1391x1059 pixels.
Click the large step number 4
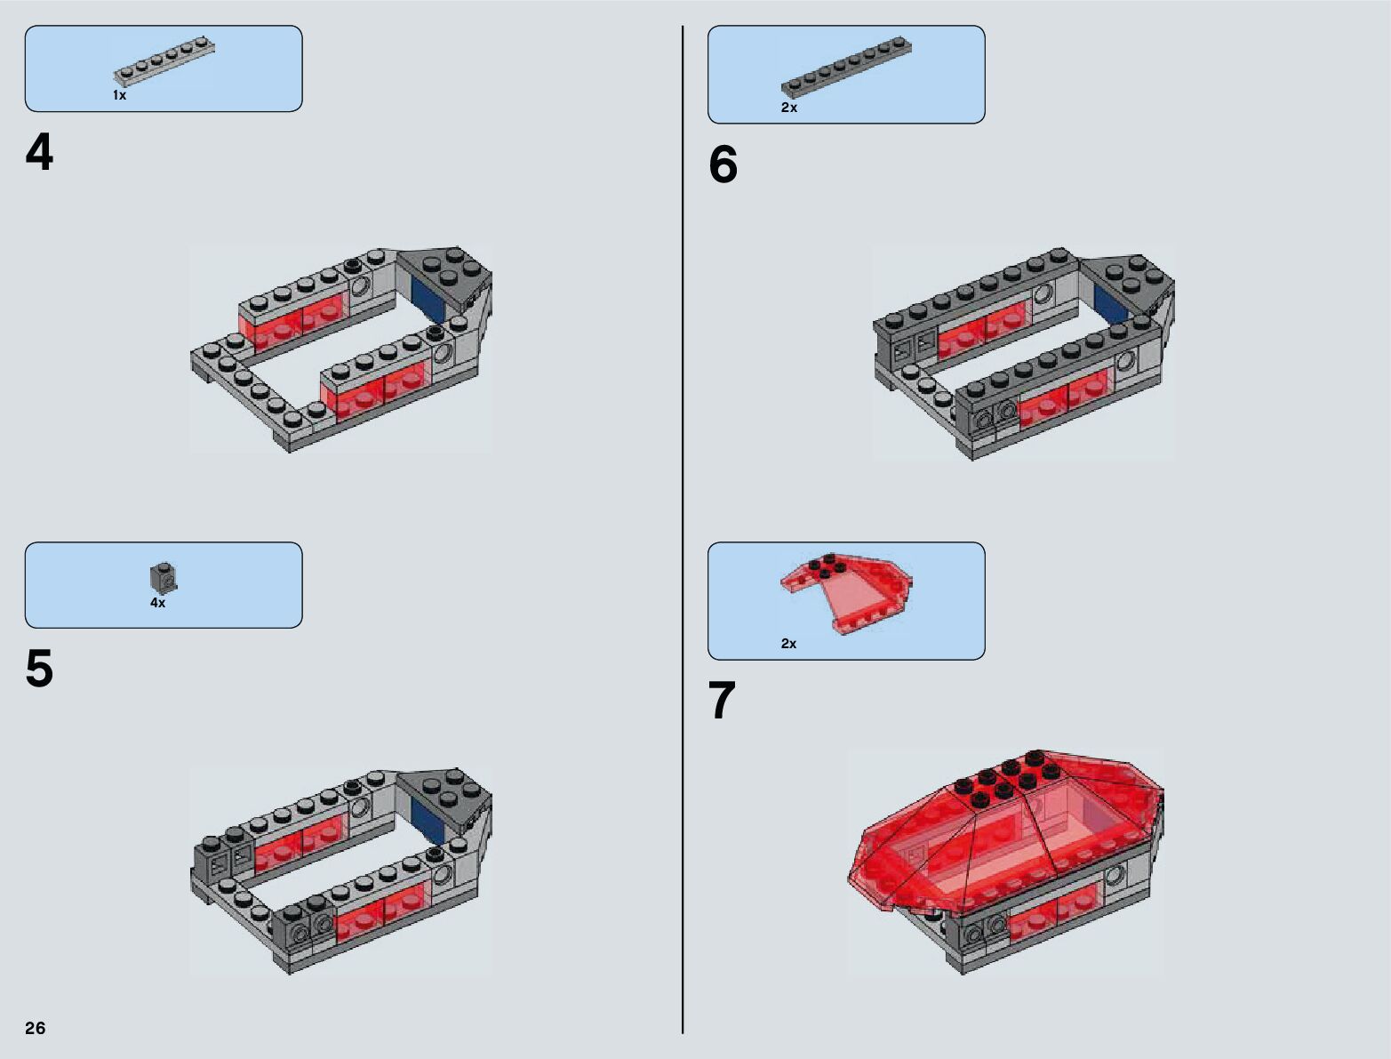[39, 154]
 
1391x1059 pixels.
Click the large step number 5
[39, 670]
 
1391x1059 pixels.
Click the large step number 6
[723, 164]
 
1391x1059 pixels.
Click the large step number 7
[722, 701]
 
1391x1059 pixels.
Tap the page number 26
[36, 1027]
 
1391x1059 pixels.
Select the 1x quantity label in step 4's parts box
[120, 95]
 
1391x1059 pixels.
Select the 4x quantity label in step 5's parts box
[158, 603]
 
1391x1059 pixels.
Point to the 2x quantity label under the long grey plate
[789, 108]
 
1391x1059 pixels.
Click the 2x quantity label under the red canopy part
[789, 643]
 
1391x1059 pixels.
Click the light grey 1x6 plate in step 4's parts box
[164, 62]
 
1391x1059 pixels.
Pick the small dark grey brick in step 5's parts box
[164, 577]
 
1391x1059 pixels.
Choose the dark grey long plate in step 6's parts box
[847, 68]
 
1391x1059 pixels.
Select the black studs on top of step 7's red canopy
[1005, 780]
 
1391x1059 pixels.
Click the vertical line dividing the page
[683, 530]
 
